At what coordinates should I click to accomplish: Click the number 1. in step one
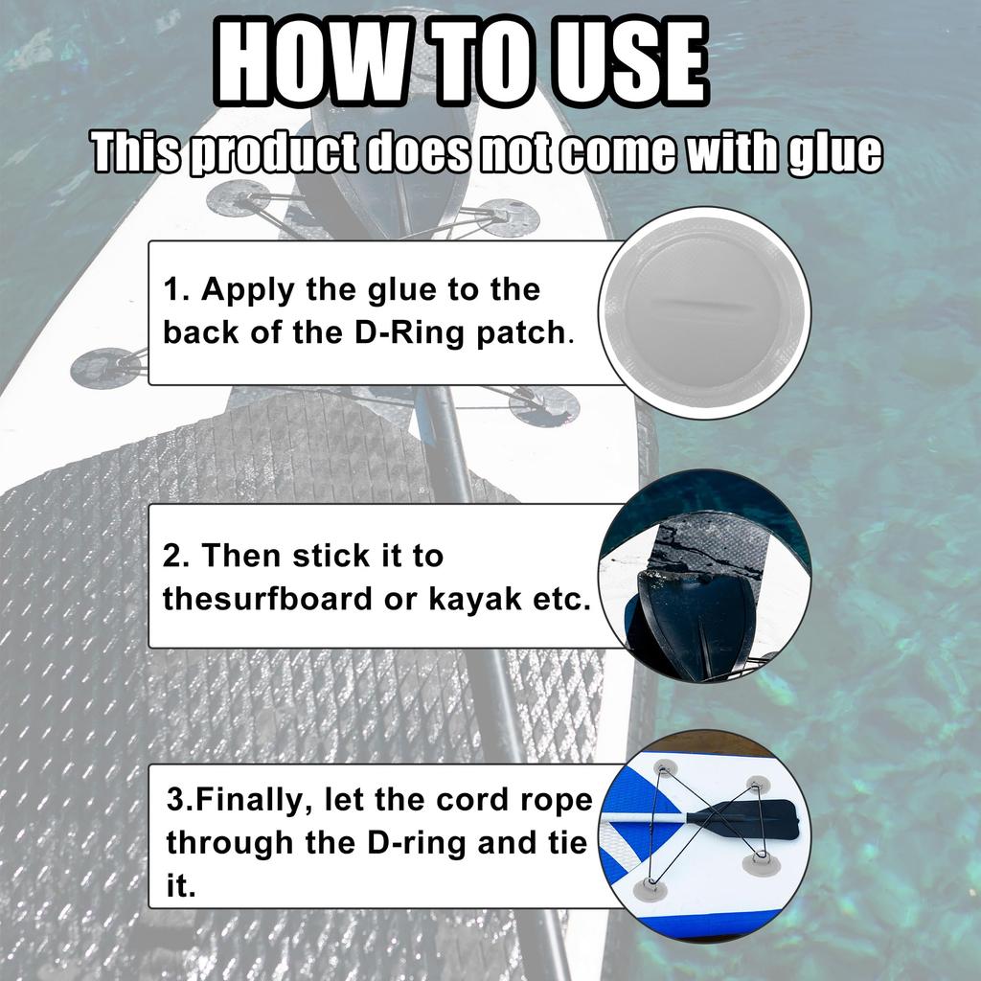pos(176,289)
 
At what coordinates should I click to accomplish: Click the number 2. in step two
pos(178,555)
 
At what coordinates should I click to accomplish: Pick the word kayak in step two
pos(470,599)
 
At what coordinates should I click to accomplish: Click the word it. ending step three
pos(181,887)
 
